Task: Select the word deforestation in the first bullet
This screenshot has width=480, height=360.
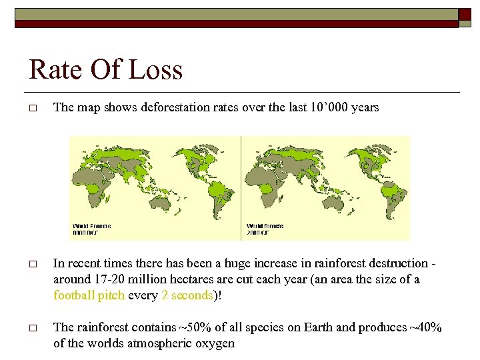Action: click(175, 108)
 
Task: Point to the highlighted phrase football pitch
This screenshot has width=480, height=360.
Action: click(89, 295)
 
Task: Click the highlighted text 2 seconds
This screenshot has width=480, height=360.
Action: click(187, 295)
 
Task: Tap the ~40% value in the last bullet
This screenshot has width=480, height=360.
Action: click(426, 327)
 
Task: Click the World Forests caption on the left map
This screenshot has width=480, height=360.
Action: click(92, 229)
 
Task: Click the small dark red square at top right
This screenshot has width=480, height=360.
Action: click(465, 15)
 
